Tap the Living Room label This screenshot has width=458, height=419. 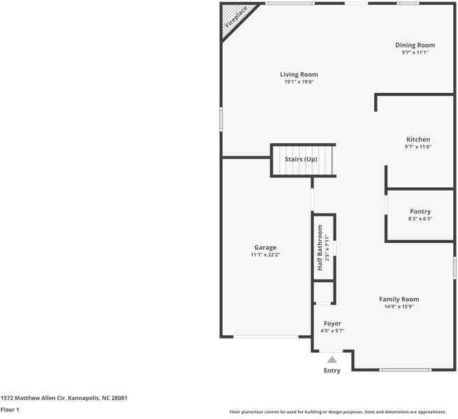coord(299,75)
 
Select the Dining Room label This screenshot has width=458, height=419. coord(415,45)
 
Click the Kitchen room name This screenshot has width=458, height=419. coord(418,139)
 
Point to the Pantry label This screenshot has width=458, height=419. coord(420,212)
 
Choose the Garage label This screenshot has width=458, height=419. coord(265,247)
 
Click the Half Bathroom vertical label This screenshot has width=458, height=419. coord(320,249)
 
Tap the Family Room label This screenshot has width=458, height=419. coord(399,299)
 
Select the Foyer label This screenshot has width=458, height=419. coord(332,323)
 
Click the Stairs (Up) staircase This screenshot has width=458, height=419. coord(302,161)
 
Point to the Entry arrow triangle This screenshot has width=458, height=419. coord(332,359)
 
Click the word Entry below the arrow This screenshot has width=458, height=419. coord(332,371)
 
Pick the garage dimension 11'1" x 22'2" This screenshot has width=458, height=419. coord(265,255)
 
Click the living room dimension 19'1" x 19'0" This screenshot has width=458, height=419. coord(299,82)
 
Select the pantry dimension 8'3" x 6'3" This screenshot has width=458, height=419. coord(420,219)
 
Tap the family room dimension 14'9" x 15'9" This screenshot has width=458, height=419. coord(399,307)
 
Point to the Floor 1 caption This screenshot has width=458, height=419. coord(9,410)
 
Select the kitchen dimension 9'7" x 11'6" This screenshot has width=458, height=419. coord(418,147)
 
